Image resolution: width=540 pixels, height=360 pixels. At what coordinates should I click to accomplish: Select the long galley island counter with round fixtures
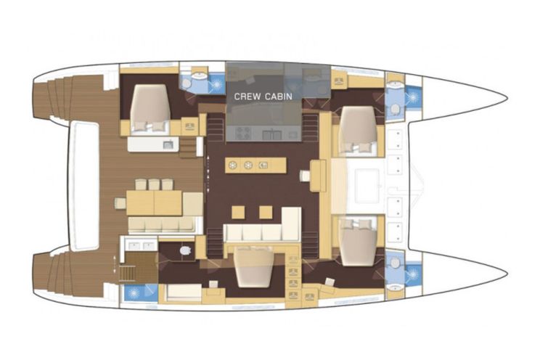tap(255, 165)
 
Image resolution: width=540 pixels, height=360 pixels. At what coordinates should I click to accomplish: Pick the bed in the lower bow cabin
tap(358, 236)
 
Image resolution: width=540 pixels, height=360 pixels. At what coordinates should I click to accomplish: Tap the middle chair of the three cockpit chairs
tap(153, 184)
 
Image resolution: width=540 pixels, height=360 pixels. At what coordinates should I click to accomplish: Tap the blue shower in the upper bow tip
tap(413, 95)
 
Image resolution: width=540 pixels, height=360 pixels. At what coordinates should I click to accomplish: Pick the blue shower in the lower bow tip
tap(413, 274)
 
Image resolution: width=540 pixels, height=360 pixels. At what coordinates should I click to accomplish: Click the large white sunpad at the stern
tap(86, 185)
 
